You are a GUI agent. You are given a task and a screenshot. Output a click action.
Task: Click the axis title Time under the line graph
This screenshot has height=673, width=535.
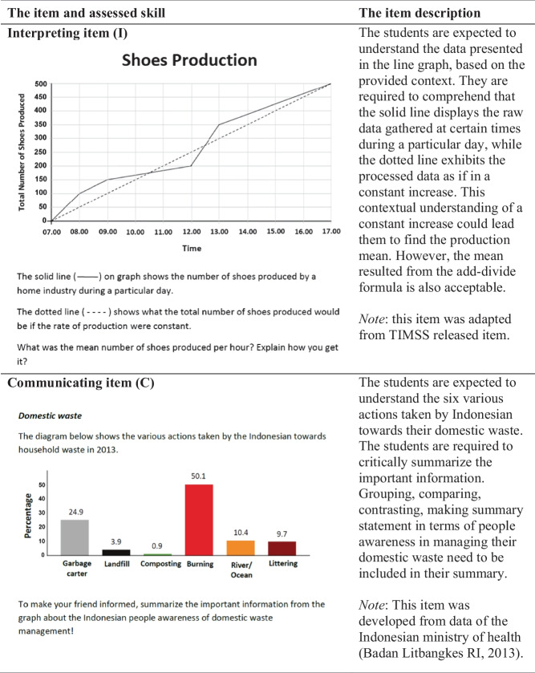tap(191, 249)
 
